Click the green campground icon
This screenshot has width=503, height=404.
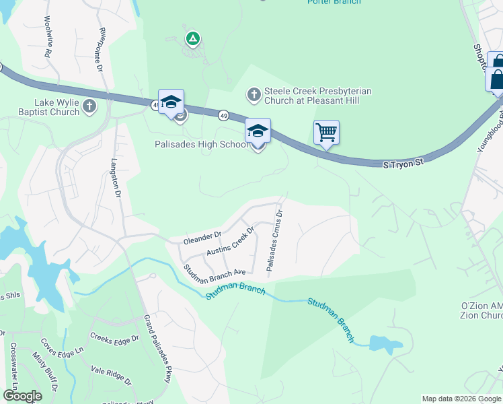[x=192, y=39]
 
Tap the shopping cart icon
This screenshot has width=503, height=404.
[x=326, y=131]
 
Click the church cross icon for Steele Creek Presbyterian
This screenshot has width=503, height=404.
[x=254, y=94]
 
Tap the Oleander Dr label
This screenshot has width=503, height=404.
[x=202, y=238]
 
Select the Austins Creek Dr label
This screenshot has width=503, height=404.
[x=231, y=240]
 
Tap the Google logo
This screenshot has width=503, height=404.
[x=22, y=396]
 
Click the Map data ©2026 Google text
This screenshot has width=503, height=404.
[x=461, y=399]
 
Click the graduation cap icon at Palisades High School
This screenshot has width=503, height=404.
[x=257, y=130]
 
